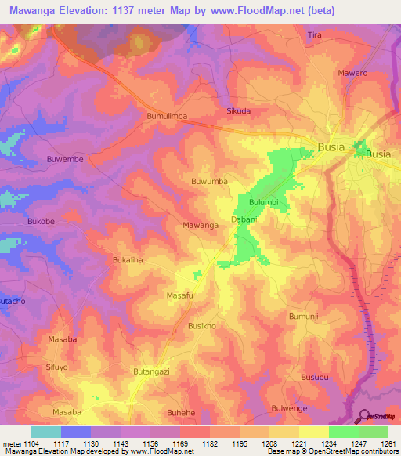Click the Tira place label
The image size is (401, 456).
(x=315, y=36)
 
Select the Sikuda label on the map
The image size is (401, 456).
(x=238, y=111)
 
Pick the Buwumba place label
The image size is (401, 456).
(x=209, y=181)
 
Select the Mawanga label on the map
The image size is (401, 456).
(x=200, y=225)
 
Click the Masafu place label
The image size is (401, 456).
(x=180, y=295)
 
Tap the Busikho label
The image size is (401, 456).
(x=201, y=325)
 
